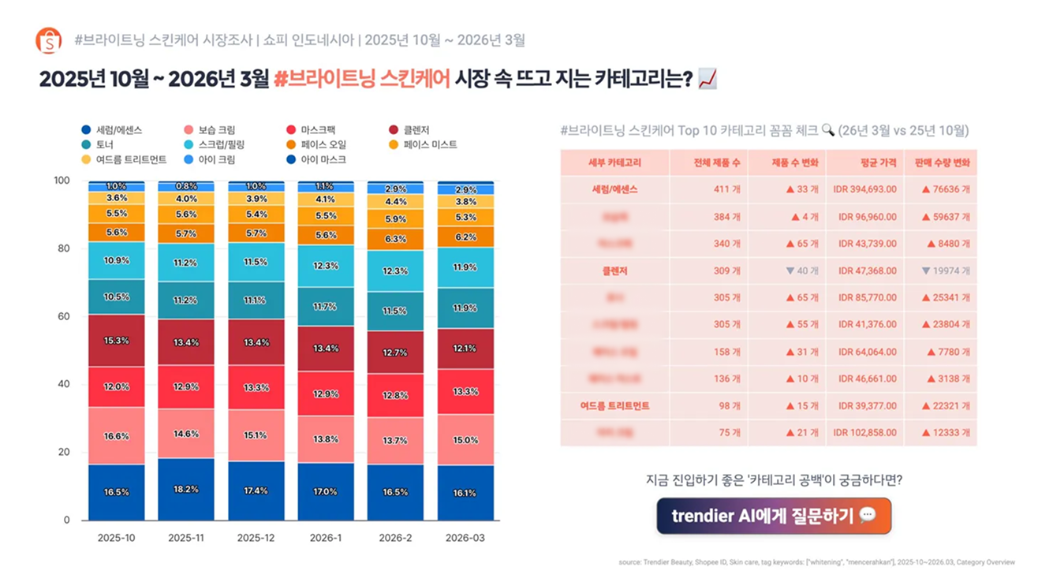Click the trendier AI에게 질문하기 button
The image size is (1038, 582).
tap(773, 516)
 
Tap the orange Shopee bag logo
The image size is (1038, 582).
tap(48, 41)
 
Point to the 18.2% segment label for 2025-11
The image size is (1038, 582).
tap(186, 489)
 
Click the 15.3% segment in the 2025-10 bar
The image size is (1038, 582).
tap(116, 341)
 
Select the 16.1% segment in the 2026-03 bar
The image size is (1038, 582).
tap(465, 493)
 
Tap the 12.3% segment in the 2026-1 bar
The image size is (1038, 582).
tap(326, 266)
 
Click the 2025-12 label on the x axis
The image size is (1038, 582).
tap(256, 538)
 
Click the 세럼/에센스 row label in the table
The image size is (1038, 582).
tap(614, 190)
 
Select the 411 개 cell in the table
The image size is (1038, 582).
tap(726, 190)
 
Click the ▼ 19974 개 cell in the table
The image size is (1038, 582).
tap(942, 270)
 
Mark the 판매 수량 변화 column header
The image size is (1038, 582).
tap(942, 163)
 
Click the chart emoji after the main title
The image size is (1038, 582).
tap(708, 80)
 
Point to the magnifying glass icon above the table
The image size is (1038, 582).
tap(827, 130)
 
